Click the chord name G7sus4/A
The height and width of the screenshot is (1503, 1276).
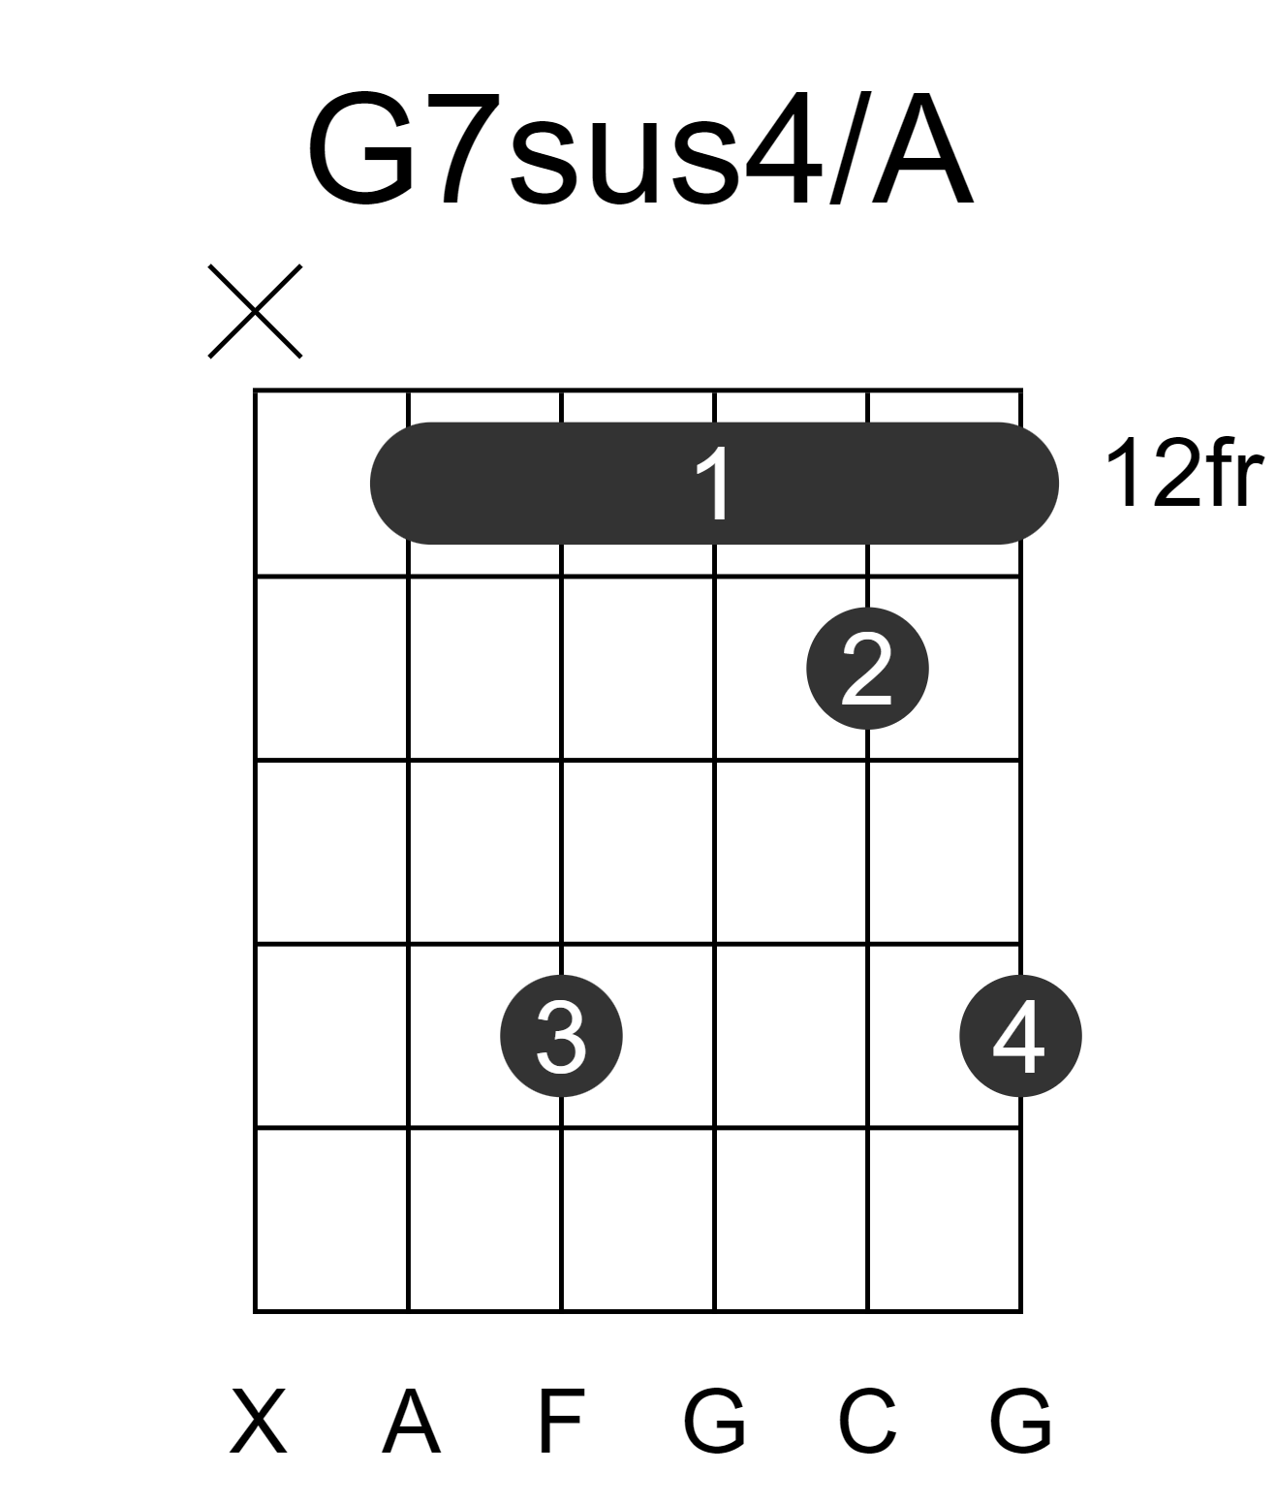pos(639,148)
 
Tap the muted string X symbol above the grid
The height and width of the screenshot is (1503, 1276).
pos(255,311)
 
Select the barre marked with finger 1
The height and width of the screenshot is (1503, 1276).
pos(714,484)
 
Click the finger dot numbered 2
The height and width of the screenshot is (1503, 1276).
pos(867,669)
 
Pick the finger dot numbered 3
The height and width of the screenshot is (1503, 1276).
pos(561,1036)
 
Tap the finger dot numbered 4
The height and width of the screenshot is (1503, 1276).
pos(1021,1036)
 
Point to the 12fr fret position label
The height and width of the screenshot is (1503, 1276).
pos(1184,474)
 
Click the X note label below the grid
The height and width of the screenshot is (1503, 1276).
pos(258,1422)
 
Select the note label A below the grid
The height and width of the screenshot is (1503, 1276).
pos(412,1422)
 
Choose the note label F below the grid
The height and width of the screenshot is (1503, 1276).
pos(561,1422)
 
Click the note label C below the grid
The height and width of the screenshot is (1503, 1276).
pos(867,1422)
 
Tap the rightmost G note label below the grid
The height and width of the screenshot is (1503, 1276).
pos(1021,1422)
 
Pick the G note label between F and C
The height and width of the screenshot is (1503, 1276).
pos(715,1422)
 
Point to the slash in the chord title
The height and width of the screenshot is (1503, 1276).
pos(846,148)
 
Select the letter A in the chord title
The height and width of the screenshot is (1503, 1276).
pos(921,148)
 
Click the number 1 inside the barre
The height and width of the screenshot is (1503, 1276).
pos(714,484)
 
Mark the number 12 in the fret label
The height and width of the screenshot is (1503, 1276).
pos(1149,474)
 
